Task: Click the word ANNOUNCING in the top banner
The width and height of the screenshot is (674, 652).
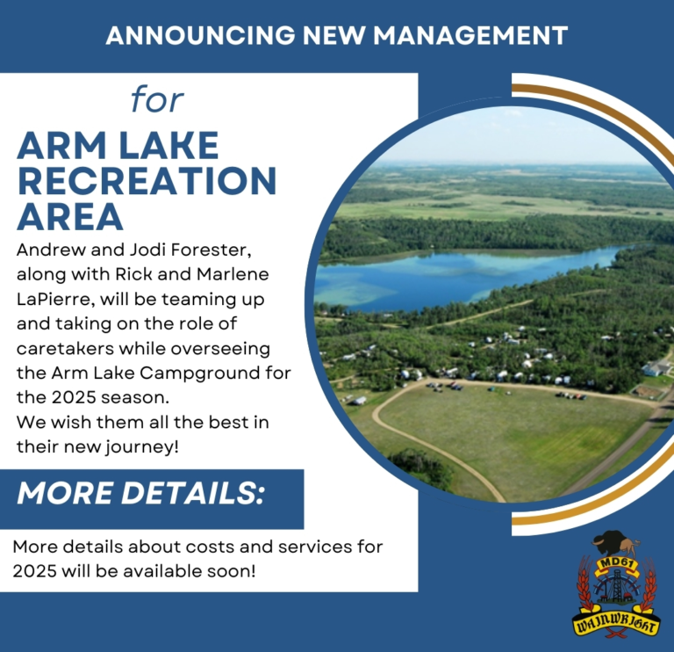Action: (201, 35)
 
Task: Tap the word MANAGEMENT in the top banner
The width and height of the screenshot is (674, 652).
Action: (470, 35)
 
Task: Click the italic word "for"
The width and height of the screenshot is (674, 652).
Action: (157, 99)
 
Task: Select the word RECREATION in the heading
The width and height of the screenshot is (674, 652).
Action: (147, 181)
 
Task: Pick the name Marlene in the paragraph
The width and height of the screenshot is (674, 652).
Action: (233, 274)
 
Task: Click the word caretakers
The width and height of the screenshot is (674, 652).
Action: (65, 349)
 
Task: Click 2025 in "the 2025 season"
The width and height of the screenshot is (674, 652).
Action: (75, 398)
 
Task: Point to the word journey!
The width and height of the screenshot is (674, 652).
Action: (142, 447)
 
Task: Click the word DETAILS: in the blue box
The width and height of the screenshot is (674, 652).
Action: (192, 493)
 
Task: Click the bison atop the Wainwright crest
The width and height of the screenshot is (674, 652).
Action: (615, 544)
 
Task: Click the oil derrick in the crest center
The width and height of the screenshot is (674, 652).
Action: (616, 586)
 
